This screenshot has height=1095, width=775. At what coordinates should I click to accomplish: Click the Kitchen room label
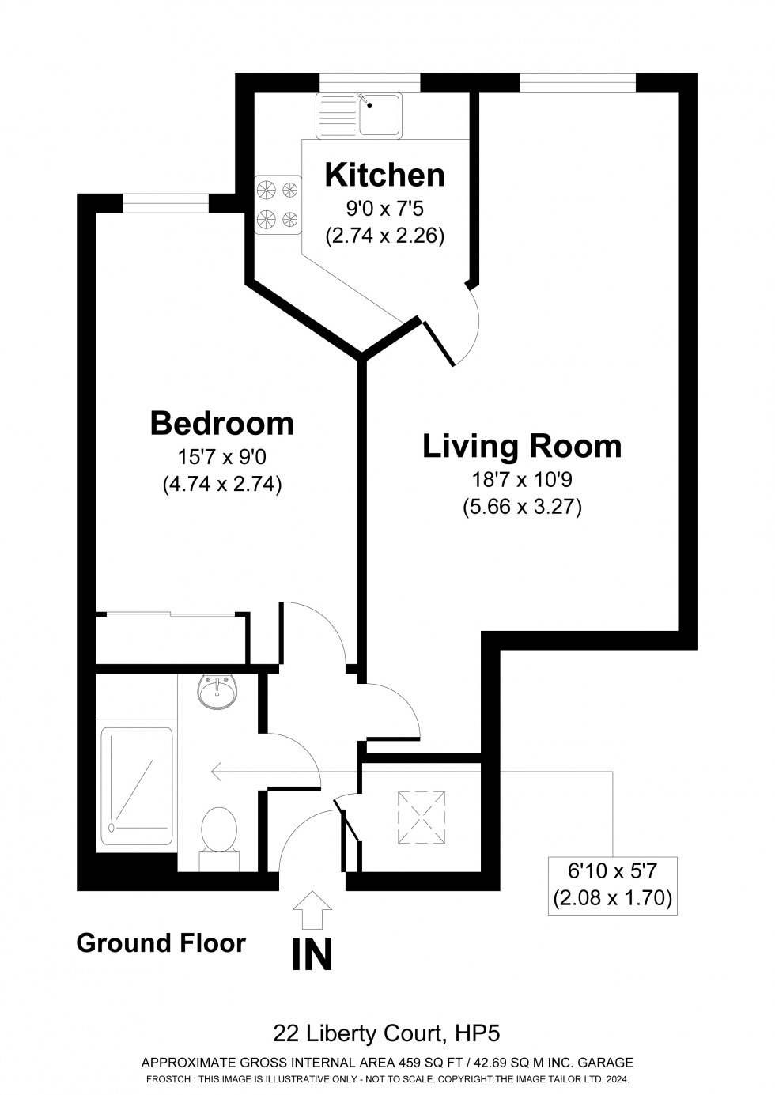pyautogui.click(x=384, y=175)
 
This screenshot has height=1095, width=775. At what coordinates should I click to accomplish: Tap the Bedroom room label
pyautogui.click(x=221, y=424)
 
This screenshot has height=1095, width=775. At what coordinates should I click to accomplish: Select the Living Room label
pyautogui.click(x=522, y=447)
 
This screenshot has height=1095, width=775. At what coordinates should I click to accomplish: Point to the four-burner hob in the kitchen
pyautogui.click(x=278, y=204)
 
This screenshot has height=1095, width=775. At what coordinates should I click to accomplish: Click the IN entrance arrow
pyautogui.click(x=312, y=909)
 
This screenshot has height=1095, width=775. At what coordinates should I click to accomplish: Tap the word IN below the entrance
pyautogui.click(x=312, y=954)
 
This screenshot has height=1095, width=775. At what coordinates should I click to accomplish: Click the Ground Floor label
pyautogui.click(x=161, y=942)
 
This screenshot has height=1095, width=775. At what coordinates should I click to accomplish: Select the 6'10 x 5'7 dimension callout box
pyautogui.click(x=612, y=885)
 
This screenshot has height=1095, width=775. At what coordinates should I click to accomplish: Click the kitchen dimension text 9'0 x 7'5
pyautogui.click(x=384, y=210)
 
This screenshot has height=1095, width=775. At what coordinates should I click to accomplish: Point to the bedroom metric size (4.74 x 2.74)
pyautogui.click(x=221, y=484)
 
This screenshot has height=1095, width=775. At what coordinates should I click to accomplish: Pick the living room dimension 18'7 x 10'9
pyautogui.click(x=522, y=478)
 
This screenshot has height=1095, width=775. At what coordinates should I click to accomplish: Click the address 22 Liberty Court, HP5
pyautogui.click(x=387, y=1033)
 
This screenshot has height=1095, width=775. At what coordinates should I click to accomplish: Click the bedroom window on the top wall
pyautogui.click(x=165, y=203)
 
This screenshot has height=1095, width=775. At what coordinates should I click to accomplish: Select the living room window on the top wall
pyautogui.click(x=577, y=82)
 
